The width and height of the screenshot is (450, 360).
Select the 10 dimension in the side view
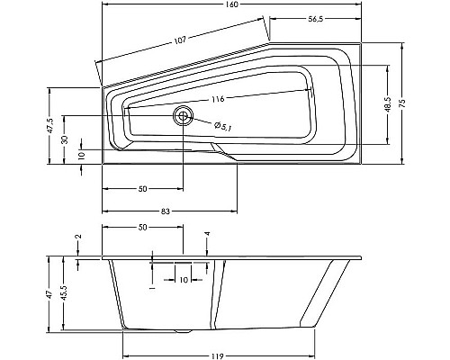(x=184, y=281)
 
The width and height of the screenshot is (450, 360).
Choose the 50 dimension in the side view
(x=143, y=227)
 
